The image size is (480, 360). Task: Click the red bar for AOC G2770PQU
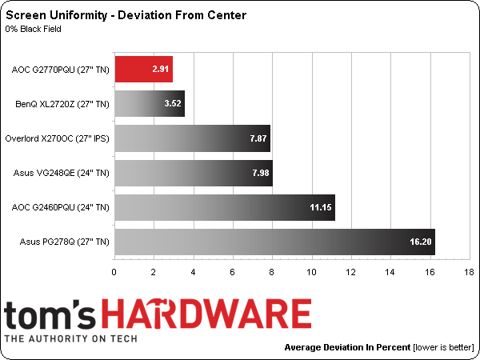(144, 70)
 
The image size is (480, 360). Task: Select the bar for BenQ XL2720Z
(150, 103)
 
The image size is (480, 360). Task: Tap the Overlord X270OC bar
(193, 138)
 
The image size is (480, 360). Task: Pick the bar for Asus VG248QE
(194, 172)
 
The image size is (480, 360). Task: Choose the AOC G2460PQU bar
(225, 206)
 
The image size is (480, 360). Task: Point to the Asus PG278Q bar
(274, 241)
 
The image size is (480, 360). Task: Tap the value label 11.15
(319, 206)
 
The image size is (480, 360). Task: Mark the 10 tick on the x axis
(311, 273)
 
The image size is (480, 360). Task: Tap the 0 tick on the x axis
(114, 273)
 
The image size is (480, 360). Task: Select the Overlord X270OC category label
(57, 138)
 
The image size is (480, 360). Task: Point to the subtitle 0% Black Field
(34, 30)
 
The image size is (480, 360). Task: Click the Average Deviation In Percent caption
(346, 348)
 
